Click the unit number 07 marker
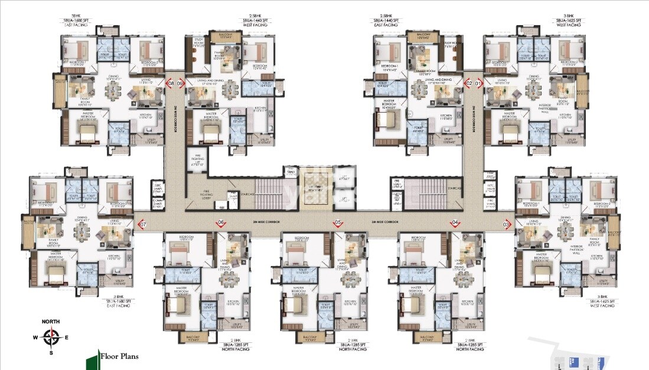coord(142,225)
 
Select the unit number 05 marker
coord(338,222)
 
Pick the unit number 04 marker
coord(455,222)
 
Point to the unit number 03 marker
coord(506,225)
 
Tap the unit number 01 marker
coord(478,84)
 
